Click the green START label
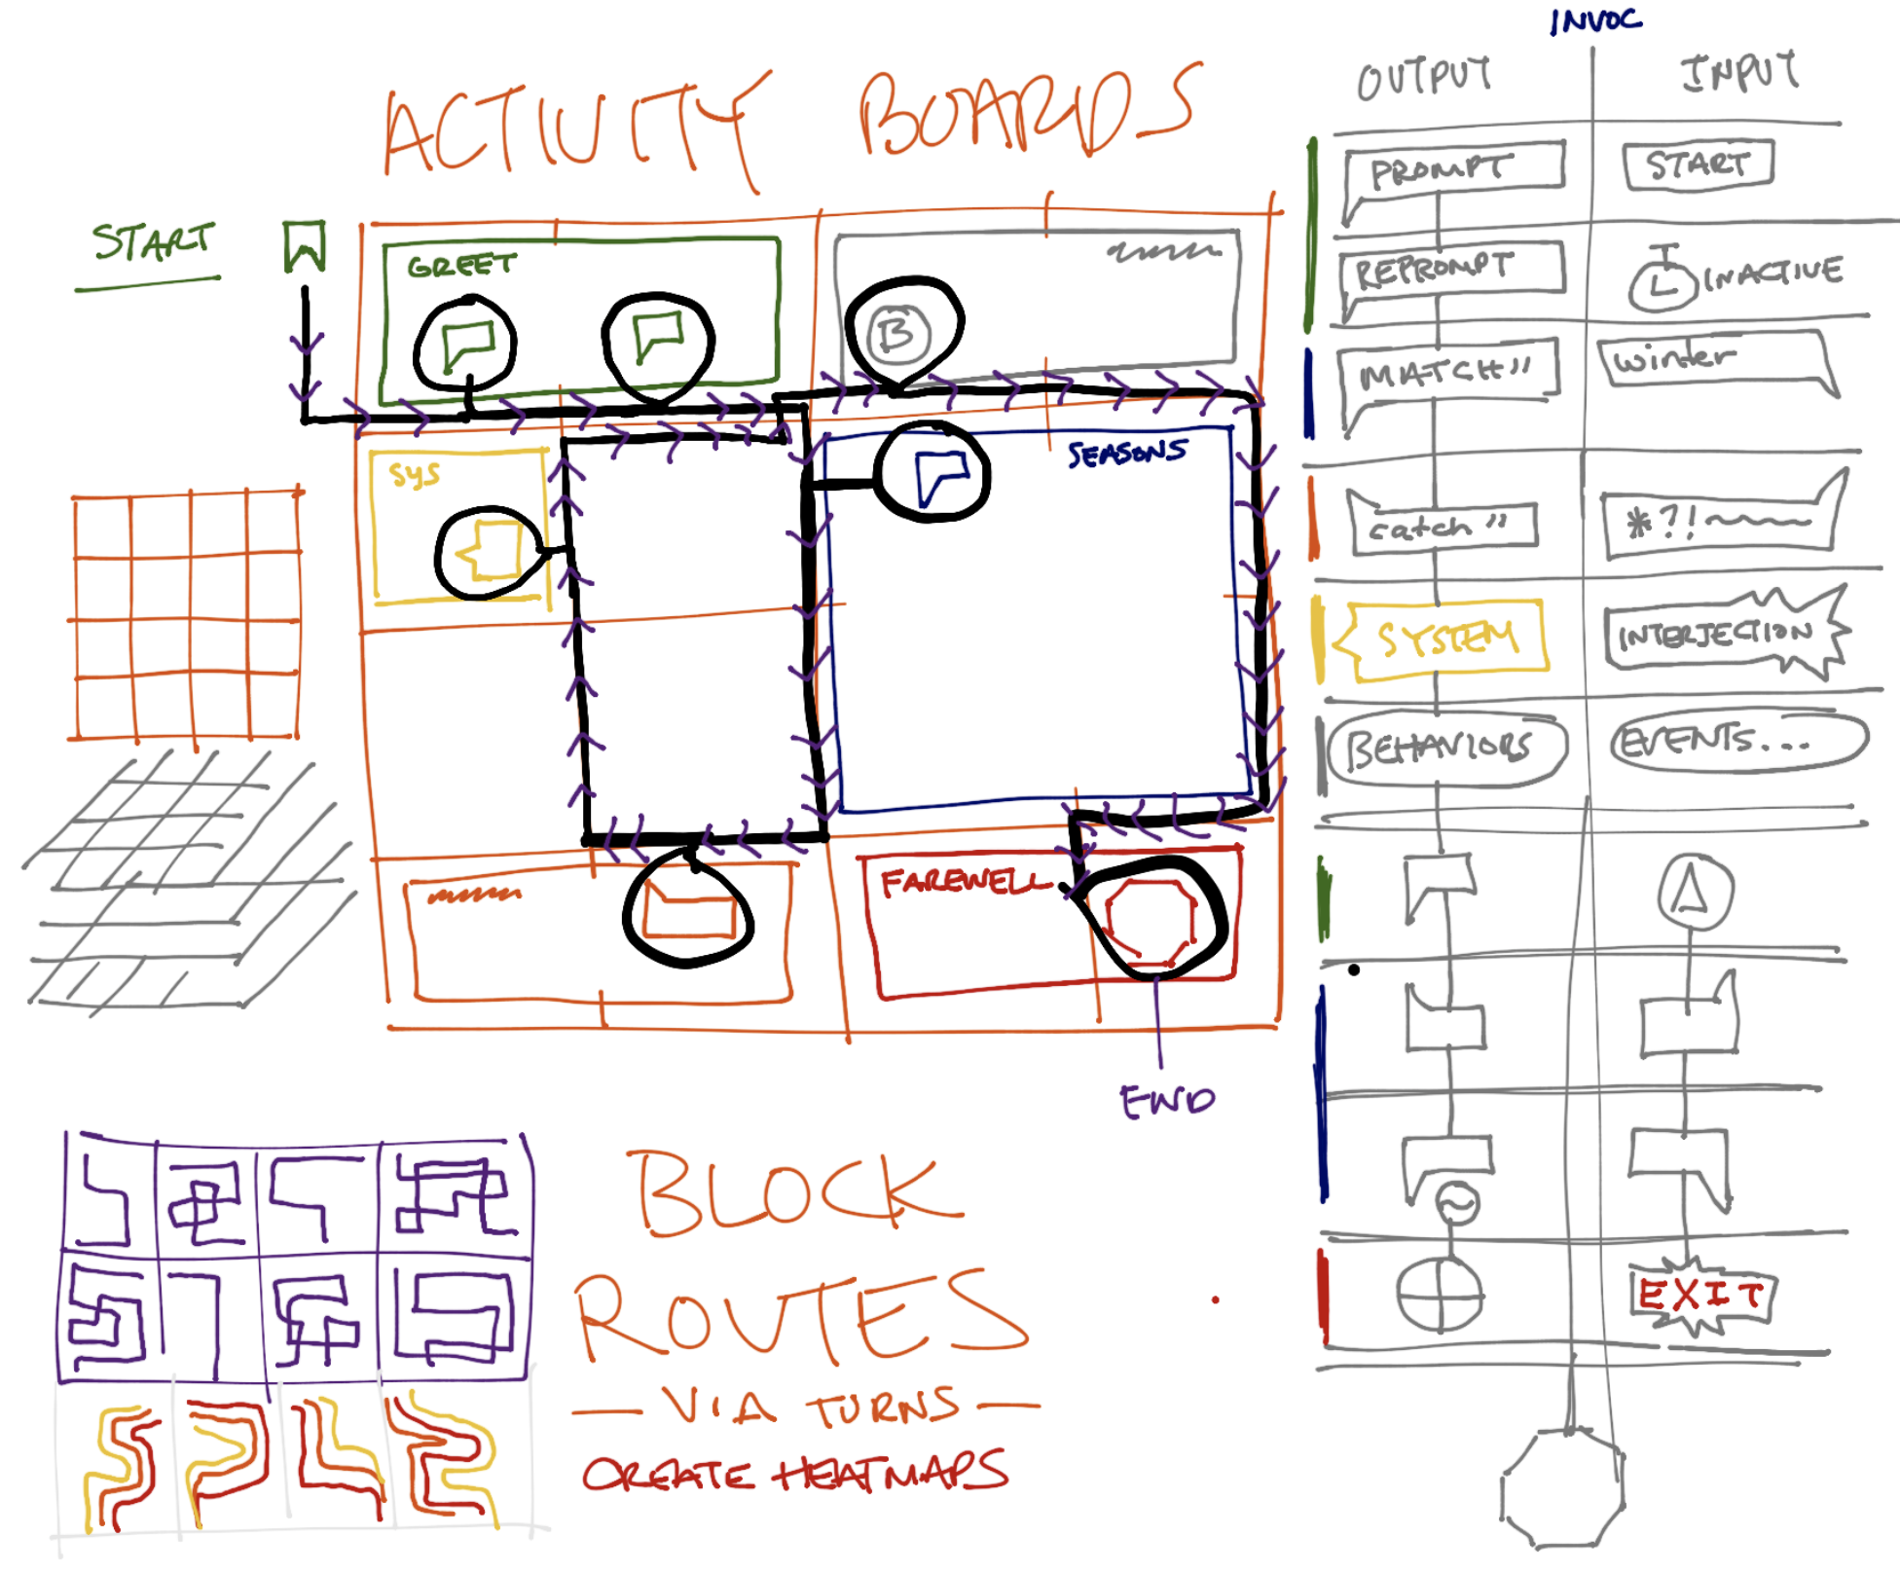point(153,241)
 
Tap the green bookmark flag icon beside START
point(304,245)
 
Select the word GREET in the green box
point(461,266)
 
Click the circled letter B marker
point(897,334)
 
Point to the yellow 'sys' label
point(415,474)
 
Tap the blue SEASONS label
point(1127,453)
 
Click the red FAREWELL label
point(964,882)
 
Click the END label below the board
point(1166,1101)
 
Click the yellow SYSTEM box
point(1446,639)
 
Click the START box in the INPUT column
point(1698,165)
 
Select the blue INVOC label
point(1596,20)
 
